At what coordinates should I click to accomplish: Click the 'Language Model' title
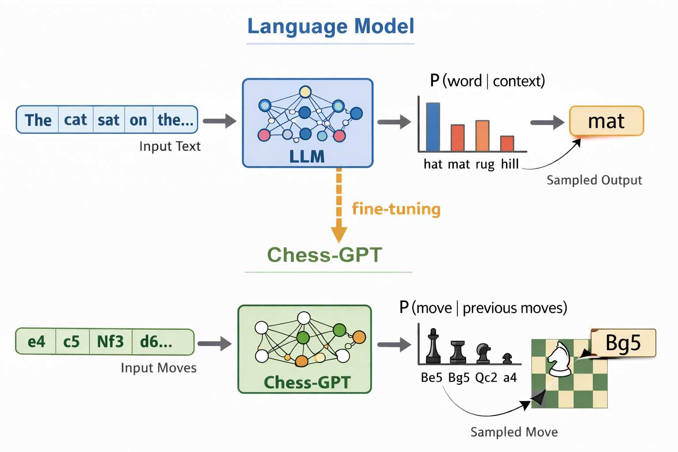click(x=330, y=26)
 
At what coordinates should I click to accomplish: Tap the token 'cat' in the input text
click(x=75, y=120)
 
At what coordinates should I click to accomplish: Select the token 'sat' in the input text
click(x=109, y=120)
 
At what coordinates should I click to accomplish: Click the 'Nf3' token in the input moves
click(x=110, y=342)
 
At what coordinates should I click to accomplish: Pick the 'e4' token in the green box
click(x=36, y=342)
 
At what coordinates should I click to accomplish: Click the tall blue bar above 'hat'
click(x=433, y=127)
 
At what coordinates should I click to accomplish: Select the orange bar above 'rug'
click(x=482, y=136)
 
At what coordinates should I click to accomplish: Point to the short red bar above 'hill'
click(x=507, y=143)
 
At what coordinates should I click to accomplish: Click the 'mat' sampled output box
click(x=606, y=121)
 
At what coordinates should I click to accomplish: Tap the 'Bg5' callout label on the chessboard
click(x=623, y=343)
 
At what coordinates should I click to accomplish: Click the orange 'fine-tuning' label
click(x=396, y=209)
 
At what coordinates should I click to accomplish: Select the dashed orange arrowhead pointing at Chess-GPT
click(x=339, y=234)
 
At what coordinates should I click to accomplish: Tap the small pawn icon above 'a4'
click(x=507, y=358)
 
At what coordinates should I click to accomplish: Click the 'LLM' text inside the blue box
click(x=307, y=156)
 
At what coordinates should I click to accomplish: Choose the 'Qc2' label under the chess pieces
click(x=486, y=378)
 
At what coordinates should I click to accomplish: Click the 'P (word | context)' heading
click(x=487, y=81)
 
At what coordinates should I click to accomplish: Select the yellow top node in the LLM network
click(x=305, y=92)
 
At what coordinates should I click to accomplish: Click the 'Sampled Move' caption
click(x=514, y=432)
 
